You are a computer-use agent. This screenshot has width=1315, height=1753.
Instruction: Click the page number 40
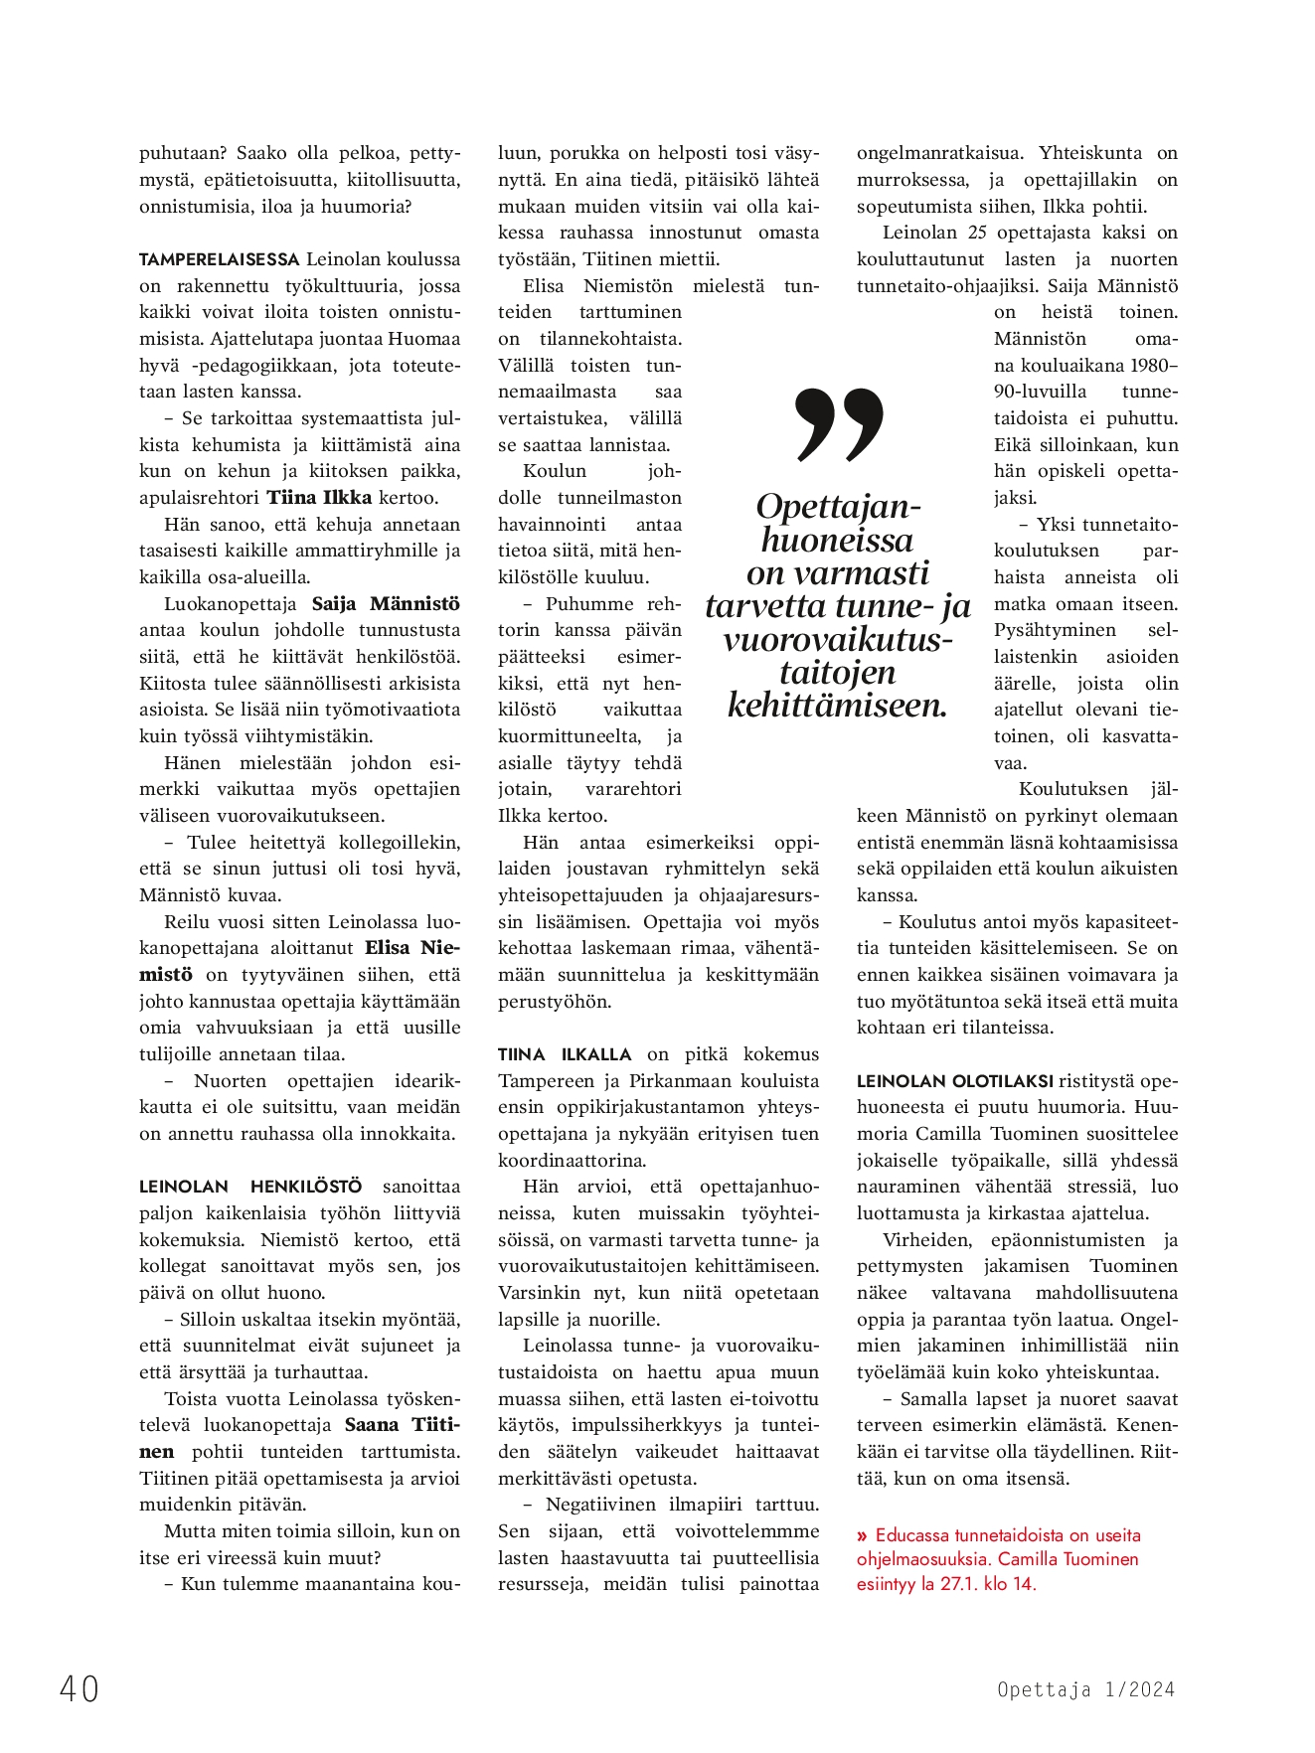point(80,1688)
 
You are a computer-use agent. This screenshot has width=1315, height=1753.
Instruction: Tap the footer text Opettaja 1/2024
point(1085,1689)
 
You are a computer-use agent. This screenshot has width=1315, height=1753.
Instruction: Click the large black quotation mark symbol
point(839,424)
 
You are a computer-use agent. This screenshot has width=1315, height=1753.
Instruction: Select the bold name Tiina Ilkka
point(319,498)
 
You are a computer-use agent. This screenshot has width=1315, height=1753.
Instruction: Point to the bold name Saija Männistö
point(386,604)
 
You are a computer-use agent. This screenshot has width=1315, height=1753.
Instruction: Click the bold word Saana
point(372,1425)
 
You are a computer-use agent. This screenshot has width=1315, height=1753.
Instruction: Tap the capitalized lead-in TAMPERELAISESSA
point(219,259)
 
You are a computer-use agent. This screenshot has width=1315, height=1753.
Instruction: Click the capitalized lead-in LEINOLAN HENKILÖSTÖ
point(250,1187)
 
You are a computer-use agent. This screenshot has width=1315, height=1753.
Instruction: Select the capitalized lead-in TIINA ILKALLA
point(565,1054)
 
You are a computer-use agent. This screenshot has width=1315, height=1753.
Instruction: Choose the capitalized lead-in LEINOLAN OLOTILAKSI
point(954,1081)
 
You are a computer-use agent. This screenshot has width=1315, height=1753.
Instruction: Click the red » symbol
point(863,1535)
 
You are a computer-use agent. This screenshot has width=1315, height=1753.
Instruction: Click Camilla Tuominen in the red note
point(1068,1559)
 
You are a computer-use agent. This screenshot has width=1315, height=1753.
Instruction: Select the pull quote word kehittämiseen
point(837,706)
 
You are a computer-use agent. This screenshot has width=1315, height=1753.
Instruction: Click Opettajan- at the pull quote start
point(838,507)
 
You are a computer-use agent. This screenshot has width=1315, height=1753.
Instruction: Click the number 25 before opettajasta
point(977,233)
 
